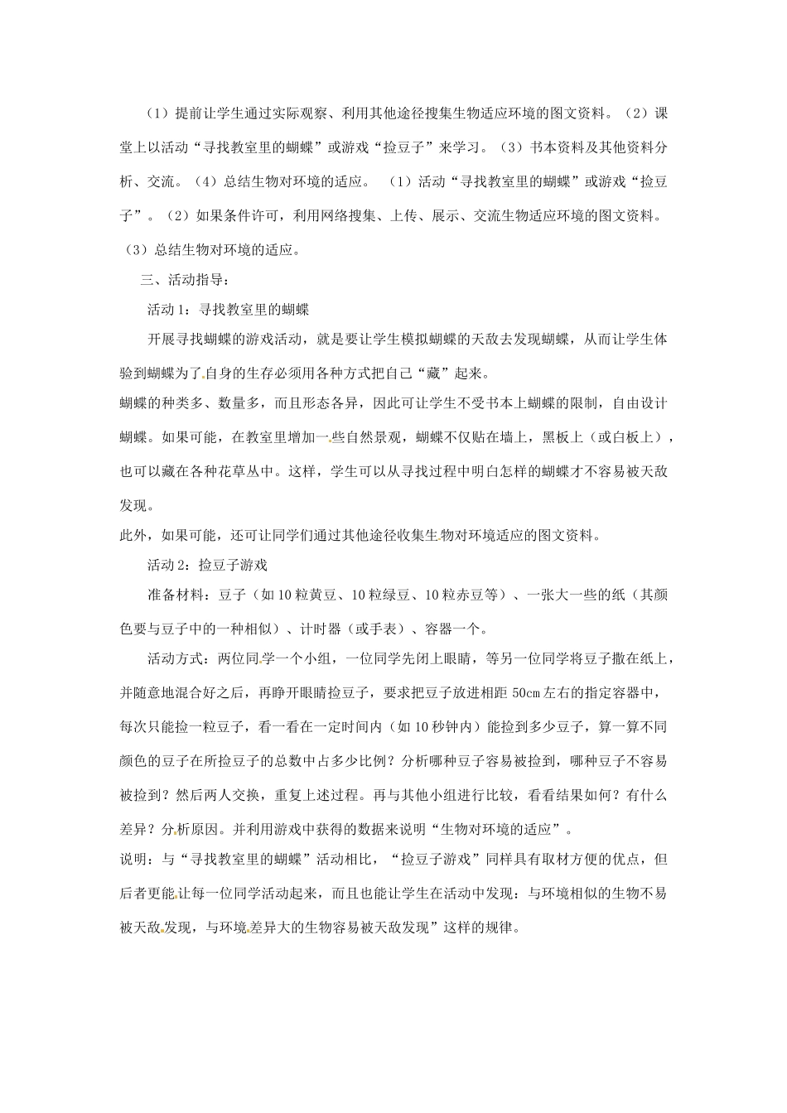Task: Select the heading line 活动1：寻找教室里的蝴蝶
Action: pyautogui.click(x=228, y=310)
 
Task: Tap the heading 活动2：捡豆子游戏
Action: pyautogui.click(x=207, y=566)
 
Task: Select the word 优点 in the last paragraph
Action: pyautogui.click(x=623, y=859)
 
